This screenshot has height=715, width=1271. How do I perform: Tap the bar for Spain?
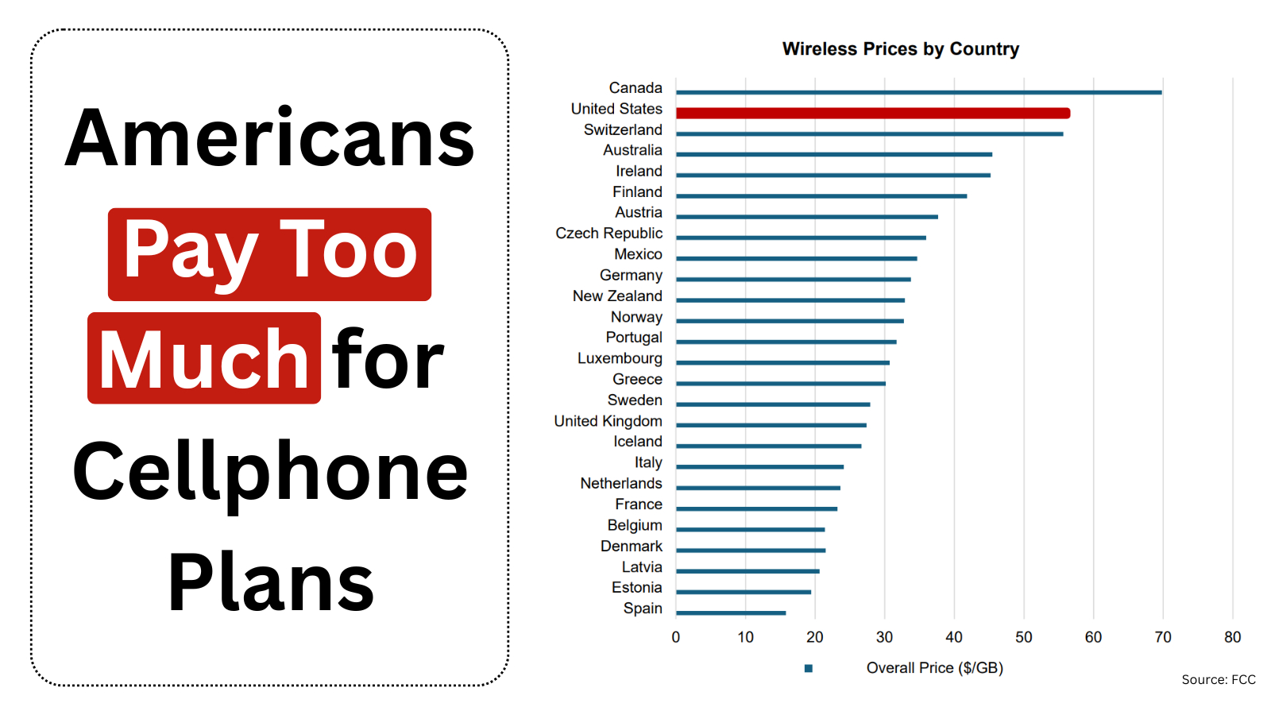[731, 613]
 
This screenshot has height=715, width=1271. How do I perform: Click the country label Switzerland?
[623, 129]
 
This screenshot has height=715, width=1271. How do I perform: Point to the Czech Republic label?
[608, 234]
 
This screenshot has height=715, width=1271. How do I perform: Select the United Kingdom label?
[608, 421]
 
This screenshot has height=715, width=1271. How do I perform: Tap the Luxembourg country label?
[620, 358]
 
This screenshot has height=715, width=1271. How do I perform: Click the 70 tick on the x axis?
[1163, 637]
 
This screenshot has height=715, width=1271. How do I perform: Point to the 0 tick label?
[676, 637]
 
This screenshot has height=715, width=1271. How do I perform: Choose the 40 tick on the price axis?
[954, 637]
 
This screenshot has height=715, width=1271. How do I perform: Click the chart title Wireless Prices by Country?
[900, 49]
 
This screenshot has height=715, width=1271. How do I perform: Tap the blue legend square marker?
[809, 668]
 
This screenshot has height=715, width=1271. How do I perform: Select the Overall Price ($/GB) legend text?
[934, 668]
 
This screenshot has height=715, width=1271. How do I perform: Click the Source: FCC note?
[1218, 680]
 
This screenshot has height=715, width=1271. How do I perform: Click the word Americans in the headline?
[269, 139]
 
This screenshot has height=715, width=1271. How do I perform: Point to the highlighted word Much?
[204, 360]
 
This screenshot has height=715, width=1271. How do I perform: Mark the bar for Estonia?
[744, 592]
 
